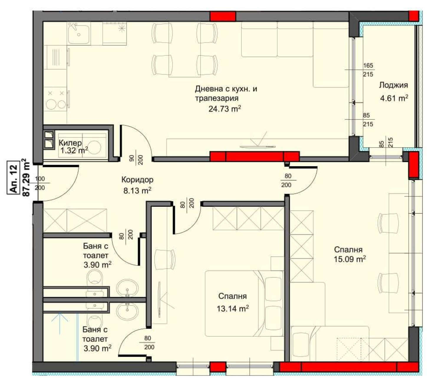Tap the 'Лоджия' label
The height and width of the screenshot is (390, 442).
pos(393,85)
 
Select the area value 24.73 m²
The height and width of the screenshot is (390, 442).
pos(225,108)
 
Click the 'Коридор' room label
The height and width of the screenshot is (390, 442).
pos(137,180)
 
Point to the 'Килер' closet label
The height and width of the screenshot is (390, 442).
pos(70,143)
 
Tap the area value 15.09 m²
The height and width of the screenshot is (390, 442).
pos(350,259)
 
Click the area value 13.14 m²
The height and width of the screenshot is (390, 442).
pos(232,309)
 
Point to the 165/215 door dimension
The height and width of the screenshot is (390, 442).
pos(368,70)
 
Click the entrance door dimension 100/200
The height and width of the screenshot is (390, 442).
pos(40,183)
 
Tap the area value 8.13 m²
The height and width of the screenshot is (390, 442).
pos(137,191)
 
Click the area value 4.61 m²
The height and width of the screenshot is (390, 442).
pos(394,98)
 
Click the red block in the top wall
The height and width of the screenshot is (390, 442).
pos(223,17)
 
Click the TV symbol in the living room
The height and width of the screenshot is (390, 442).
pos(258,142)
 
